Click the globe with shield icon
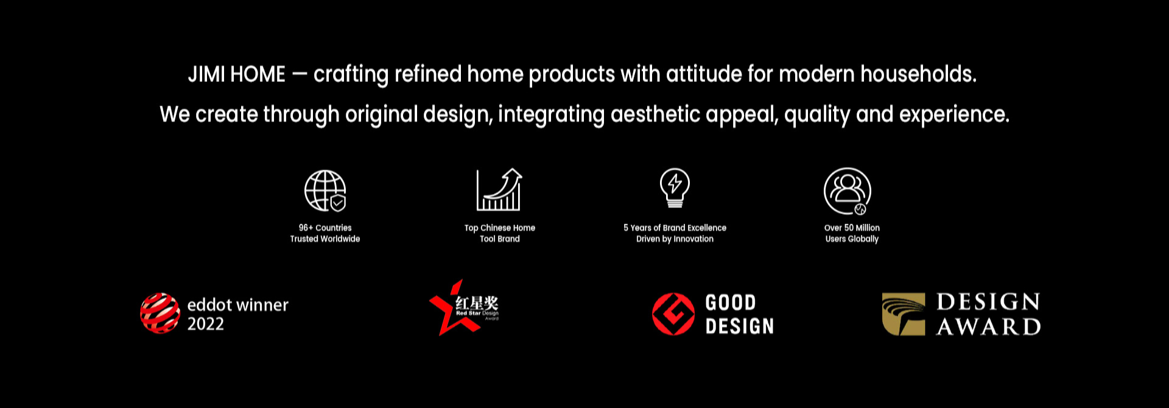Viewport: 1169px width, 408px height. coord(325,191)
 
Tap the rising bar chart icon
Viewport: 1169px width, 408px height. coord(499,189)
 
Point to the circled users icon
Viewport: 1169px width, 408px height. coord(848,191)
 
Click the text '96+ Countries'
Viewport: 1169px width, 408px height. coord(325,228)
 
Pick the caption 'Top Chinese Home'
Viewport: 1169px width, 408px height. coord(500,228)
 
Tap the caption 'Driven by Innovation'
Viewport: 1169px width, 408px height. coord(675,239)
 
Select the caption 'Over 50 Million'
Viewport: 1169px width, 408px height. coord(852,228)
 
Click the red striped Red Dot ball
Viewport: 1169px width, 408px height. coord(160,313)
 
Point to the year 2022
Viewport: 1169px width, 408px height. coord(206,324)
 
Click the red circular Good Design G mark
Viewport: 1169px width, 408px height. coord(673,314)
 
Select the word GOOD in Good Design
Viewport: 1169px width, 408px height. coord(731,303)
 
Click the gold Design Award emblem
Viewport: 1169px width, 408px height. coord(904,314)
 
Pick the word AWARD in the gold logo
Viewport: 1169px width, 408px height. coord(989,327)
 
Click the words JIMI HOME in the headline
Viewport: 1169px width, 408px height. coord(237,74)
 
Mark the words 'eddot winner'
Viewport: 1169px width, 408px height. coord(238,304)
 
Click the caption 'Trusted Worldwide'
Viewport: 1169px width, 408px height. coord(325,239)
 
